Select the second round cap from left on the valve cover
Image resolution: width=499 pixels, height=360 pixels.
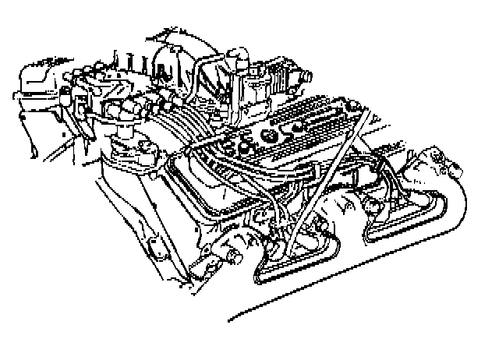pos(249,146)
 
